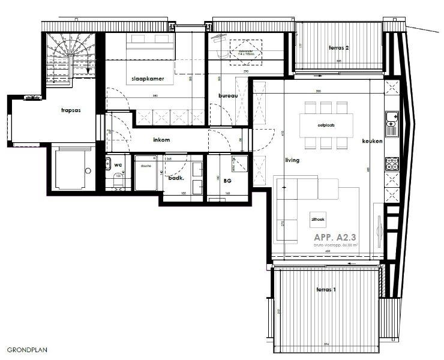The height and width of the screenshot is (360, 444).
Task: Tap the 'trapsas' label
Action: click(71, 110)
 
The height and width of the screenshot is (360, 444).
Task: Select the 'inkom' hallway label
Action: click(161, 140)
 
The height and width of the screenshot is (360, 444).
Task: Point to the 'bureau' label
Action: click(229, 95)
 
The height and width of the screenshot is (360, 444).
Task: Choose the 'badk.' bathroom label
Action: click(175, 178)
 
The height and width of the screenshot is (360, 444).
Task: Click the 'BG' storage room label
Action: click(227, 179)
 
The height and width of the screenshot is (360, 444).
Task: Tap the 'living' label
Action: click(292, 160)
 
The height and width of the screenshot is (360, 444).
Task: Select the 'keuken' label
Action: click(372, 141)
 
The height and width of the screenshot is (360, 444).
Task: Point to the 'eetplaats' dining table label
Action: click(324, 125)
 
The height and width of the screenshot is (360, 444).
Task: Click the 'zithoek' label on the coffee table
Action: click(318, 220)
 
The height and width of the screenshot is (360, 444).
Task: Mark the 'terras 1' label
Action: click(326, 290)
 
